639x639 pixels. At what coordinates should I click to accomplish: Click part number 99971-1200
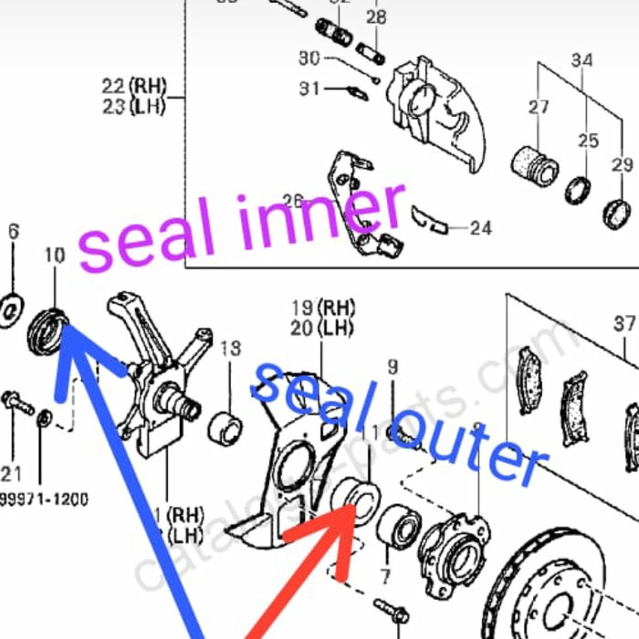tap(44, 498)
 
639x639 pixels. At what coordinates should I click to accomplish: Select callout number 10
tap(55, 255)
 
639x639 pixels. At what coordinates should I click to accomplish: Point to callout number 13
tap(230, 348)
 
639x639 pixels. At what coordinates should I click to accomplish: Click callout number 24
tap(480, 227)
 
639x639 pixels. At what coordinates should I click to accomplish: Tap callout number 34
tap(581, 61)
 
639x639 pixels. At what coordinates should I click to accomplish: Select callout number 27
tap(539, 107)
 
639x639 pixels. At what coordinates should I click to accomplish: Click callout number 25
tap(588, 141)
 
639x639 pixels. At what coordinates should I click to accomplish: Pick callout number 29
tap(622, 165)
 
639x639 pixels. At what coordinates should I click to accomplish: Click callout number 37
tap(624, 323)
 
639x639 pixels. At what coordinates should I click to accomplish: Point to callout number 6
tap(13, 232)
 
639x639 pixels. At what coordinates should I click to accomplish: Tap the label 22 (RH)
tap(134, 87)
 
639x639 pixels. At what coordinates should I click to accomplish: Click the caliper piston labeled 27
tap(531, 165)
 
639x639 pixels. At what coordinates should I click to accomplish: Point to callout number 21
tap(11, 471)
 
